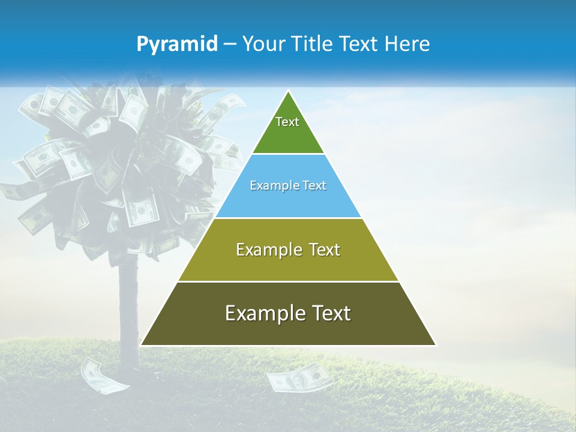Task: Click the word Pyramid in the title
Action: point(177,44)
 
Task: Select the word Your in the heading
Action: point(263,44)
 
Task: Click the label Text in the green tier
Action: point(287,122)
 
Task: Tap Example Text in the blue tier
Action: point(288,185)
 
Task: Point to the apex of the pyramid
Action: point(288,92)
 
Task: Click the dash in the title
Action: point(230,44)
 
